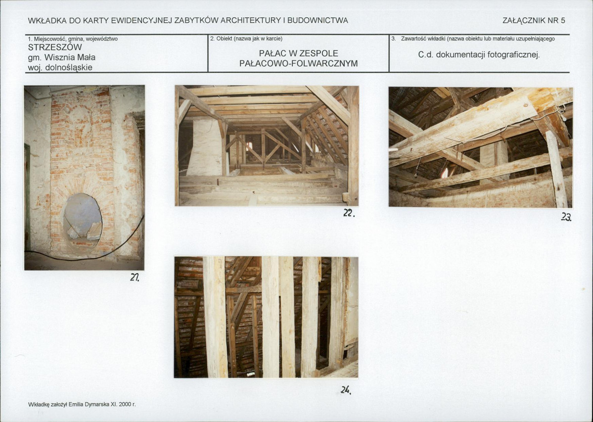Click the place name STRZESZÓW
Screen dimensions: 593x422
pyautogui.click(x=55, y=47)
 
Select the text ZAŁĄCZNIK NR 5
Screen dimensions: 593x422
pyautogui.click(x=534, y=21)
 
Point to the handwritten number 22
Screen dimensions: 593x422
pyautogui.click(x=349, y=213)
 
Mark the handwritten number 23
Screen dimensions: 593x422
pyautogui.click(x=566, y=217)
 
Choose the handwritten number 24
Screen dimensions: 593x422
pyautogui.click(x=345, y=390)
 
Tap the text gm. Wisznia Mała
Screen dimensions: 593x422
pyautogui.click(x=62, y=58)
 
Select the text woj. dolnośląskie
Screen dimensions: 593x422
pyautogui.click(x=60, y=68)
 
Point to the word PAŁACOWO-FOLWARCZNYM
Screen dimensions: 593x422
pyautogui.click(x=298, y=63)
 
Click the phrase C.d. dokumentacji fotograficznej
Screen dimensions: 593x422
pyautogui.click(x=479, y=55)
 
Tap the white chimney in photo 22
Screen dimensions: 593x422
pyautogui.click(x=205, y=147)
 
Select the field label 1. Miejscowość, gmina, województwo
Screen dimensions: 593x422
pyautogui.click(x=73, y=39)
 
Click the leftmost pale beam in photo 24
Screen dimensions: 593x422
pyautogui.click(x=215, y=317)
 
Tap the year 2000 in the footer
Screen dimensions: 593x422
pyautogui.click(x=125, y=404)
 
